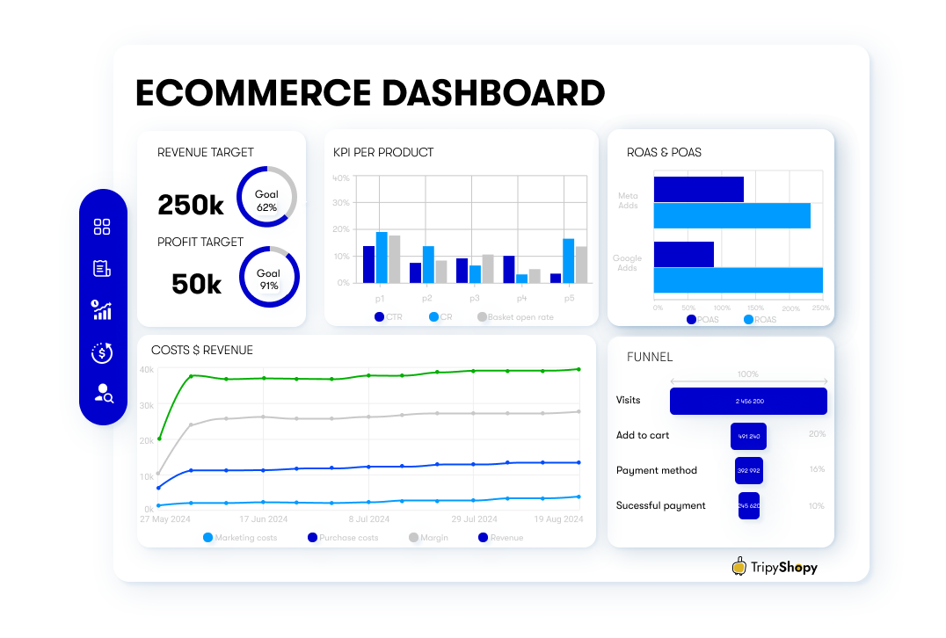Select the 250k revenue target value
(x=191, y=205)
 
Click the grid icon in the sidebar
(x=102, y=227)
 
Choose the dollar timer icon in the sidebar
(x=102, y=353)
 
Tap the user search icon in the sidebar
(x=103, y=394)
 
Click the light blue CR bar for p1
(x=382, y=257)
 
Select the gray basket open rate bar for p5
(x=581, y=265)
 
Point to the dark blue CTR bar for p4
(x=509, y=269)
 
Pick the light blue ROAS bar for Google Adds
(x=738, y=280)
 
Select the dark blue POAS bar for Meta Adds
(x=698, y=189)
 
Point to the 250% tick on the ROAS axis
(x=820, y=308)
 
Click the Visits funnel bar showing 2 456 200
(x=748, y=401)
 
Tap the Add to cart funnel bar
(x=748, y=436)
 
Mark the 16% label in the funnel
(x=817, y=469)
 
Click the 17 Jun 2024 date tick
(x=263, y=519)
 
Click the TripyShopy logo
(x=775, y=567)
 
